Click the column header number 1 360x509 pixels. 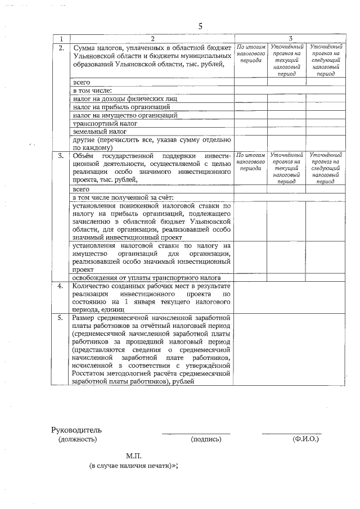pyautogui.click(x=61, y=38)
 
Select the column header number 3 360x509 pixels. pyautogui.click(x=290, y=38)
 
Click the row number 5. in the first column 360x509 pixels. pyautogui.click(x=61, y=318)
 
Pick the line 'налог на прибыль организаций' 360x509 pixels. pyautogui.click(x=121, y=106)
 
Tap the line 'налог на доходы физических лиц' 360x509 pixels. pyautogui.click(x=124, y=98)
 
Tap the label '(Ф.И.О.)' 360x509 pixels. pyautogui.click(x=305, y=439)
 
